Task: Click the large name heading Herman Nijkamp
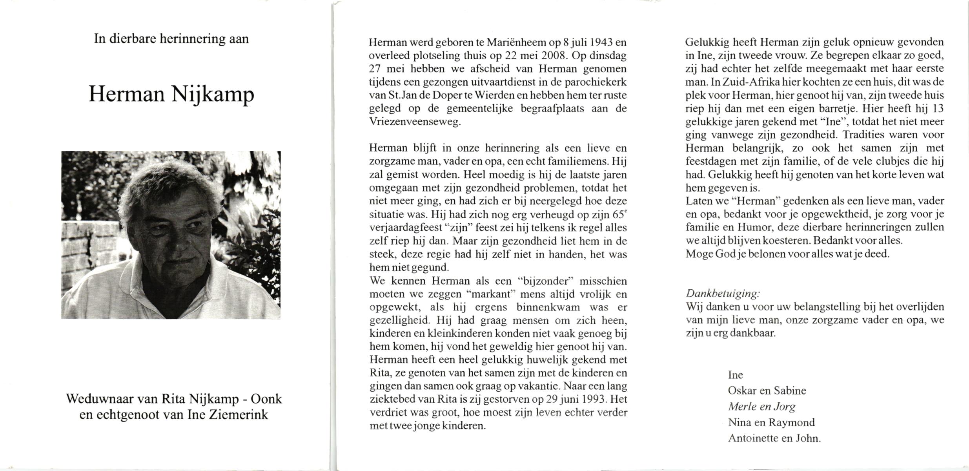point(171,94)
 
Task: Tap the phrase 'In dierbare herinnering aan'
point(171,39)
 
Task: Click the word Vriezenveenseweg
point(415,122)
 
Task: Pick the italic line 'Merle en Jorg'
point(761,407)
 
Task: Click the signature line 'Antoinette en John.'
point(774,438)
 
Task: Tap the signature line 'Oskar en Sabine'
point(767,391)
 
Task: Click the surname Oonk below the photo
point(266,399)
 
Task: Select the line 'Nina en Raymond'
point(771,422)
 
